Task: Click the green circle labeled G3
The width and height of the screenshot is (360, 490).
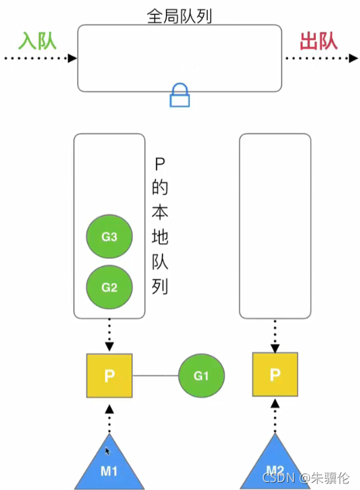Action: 109,236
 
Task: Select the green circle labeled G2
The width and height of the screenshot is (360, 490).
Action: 109,286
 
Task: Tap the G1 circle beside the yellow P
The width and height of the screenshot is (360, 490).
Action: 201,376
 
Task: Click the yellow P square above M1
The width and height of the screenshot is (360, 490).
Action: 109,375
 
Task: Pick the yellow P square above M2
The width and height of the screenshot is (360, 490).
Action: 275,375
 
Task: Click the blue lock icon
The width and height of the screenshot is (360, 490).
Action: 180,96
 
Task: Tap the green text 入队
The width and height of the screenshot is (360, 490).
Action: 37,41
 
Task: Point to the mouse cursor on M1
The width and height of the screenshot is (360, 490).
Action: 108,452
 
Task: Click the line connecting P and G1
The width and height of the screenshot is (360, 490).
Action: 155,376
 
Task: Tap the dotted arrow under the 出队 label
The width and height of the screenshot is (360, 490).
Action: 320,59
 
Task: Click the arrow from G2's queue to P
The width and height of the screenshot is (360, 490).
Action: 109,335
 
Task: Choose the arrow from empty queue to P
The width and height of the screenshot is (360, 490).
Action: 275,335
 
